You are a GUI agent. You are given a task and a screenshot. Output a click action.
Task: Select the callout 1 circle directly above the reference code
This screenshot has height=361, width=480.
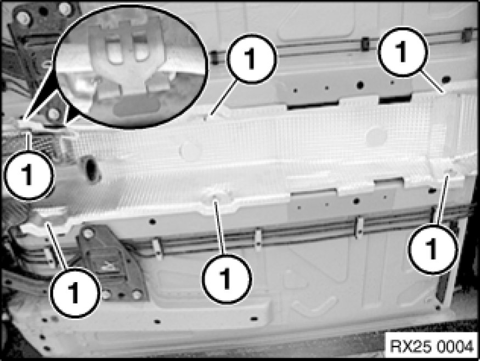click(x=432, y=249)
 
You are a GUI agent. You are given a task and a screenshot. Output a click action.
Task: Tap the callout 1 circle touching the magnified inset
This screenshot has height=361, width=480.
click(x=251, y=59)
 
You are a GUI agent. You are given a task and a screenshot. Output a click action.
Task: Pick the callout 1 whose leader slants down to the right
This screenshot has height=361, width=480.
click(x=403, y=51)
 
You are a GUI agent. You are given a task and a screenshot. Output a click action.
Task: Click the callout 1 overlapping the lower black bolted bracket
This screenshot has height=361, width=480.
click(x=75, y=293)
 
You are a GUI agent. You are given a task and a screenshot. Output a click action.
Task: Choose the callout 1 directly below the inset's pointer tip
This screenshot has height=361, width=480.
click(x=29, y=175)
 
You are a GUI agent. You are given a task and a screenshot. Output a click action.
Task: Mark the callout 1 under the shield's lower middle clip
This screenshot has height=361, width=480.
click(x=227, y=278)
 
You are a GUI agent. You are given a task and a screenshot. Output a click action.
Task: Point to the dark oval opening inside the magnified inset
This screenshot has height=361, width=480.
click(x=136, y=107)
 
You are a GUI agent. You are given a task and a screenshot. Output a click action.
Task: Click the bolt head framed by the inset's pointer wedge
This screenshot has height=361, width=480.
click(x=54, y=114)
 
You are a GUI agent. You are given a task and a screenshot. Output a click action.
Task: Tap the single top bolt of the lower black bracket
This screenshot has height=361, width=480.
click(x=88, y=234)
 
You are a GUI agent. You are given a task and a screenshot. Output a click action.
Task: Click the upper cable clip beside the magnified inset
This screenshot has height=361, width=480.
click(x=214, y=58)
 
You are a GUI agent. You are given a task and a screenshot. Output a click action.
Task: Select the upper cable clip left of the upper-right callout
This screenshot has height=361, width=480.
click(x=365, y=44)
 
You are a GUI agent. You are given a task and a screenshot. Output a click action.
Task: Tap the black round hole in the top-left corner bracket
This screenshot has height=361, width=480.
click(x=43, y=12)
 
